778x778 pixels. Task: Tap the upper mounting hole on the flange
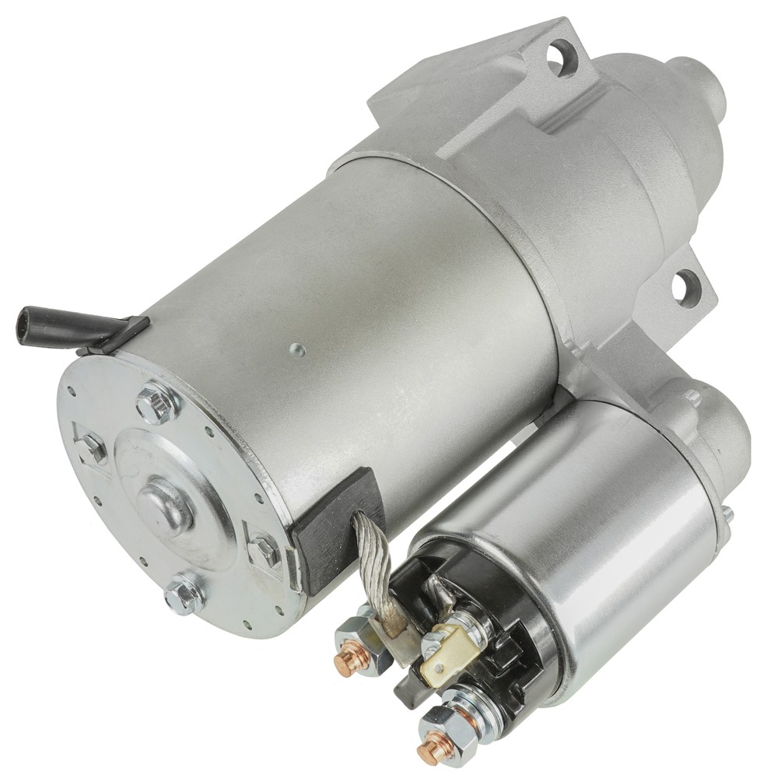(x=558, y=56)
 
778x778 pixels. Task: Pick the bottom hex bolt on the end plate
(x=184, y=595)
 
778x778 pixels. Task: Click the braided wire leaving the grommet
(x=372, y=560)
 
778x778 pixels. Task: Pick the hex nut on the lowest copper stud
(x=450, y=731)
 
